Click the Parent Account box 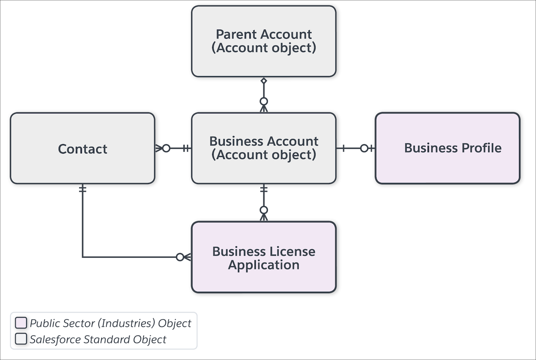(264, 41)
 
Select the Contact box (82, 148)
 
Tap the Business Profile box (448, 148)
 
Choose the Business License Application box (264, 257)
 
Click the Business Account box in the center (264, 148)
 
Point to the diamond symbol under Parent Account (264, 81)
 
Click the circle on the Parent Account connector (264, 101)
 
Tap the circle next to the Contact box (166, 148)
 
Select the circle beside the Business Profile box (364, 148)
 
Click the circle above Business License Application (264, 210)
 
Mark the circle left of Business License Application (180, 257)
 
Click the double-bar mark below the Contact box (82, 189)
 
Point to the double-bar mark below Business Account (264, 189)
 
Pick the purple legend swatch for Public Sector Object (21, 323)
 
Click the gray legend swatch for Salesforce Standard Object (21, 339)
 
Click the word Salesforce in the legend (55, 340)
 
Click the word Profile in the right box (481, 148)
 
